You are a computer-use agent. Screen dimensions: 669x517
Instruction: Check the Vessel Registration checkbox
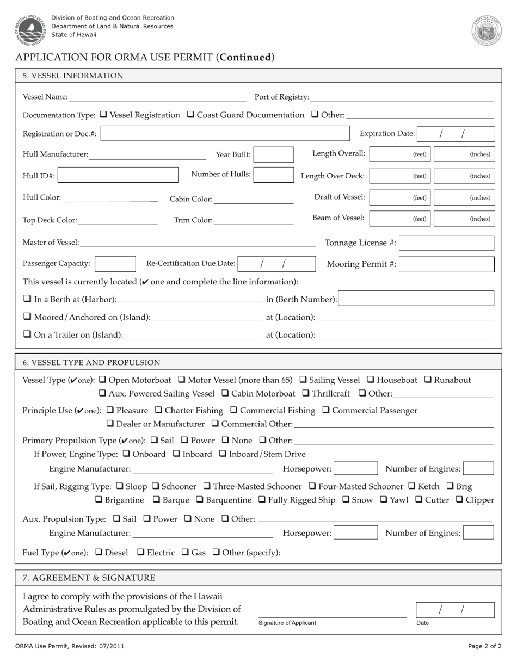pos(104,115)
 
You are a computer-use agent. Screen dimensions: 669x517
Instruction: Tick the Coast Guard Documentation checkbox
pos(190,115)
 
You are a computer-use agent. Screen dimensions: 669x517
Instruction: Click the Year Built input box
pos(274,154)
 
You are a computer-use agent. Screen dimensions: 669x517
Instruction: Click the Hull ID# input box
pos(118,175)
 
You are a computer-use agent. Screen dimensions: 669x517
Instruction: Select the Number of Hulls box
pos(274,175)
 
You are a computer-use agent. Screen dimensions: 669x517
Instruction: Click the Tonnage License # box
pos(447,243)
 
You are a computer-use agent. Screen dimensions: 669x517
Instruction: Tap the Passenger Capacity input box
pos(115,264)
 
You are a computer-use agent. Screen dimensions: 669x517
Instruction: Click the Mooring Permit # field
pos(447,264)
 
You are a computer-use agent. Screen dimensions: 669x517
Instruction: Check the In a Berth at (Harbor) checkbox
pos(27,299)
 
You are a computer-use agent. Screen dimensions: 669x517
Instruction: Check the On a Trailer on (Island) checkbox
pos(27,335)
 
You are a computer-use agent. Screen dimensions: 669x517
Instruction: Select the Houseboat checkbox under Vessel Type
pos(370,380)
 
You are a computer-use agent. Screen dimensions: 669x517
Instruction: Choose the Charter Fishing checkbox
pos(159,410)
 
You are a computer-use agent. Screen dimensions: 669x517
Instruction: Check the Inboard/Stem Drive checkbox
pos(223,454)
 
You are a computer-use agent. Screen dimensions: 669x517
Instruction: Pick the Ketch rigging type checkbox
pos(411,486)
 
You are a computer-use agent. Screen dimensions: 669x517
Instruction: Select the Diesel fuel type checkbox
pos(99,553)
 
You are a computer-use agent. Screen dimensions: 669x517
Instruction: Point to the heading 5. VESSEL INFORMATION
pos(73,76)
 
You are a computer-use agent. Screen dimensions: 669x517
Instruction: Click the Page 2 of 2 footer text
pos(484,646)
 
